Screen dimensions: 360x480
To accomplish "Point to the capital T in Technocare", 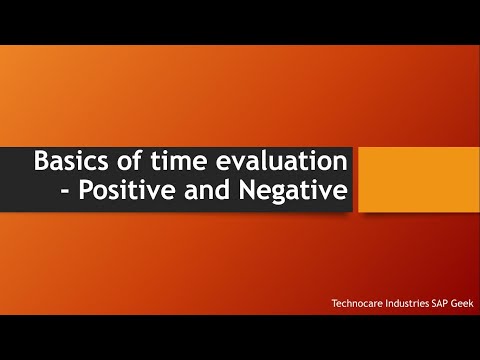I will pos(334,303).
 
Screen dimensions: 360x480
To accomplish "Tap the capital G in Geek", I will pos(454,303).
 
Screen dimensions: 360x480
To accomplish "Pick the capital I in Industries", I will pos(385,303).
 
